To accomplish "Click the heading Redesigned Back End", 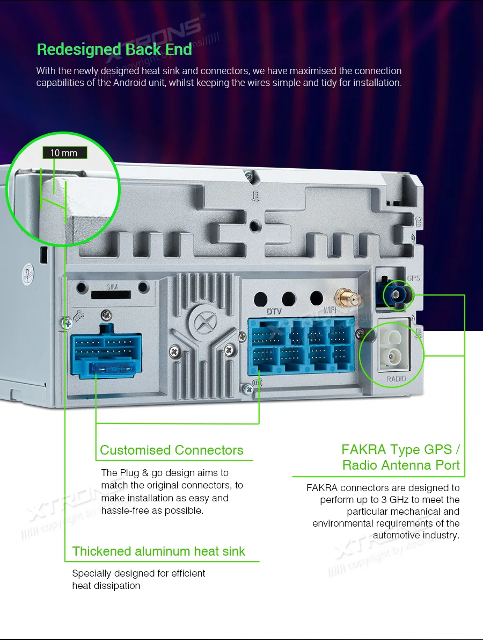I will [x=114, y=49].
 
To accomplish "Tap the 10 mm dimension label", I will [x=64, y=153].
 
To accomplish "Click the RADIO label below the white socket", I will [x=397, y=379].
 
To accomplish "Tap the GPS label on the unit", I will [x=414, y=278].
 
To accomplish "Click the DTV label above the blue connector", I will [x=274, y=311].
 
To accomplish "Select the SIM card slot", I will [x=111, y=294].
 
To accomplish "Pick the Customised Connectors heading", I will [x=172, y=450].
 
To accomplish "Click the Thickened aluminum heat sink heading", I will [x=159, y=551].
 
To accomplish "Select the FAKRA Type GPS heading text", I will [x=400, y=449].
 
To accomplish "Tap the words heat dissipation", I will [x=106, y=586].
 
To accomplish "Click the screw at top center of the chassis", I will [x=247, y=174].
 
